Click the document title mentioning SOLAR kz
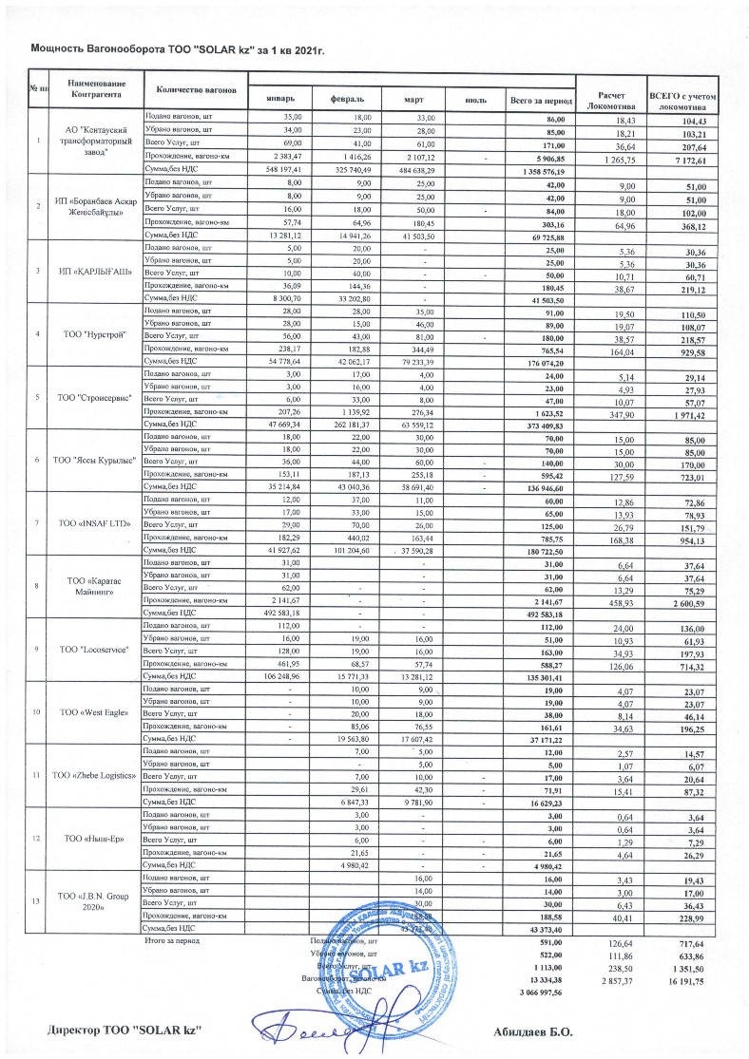coord(179,45)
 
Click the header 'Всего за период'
coord(540,99)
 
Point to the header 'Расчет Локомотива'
coord(610,100)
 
